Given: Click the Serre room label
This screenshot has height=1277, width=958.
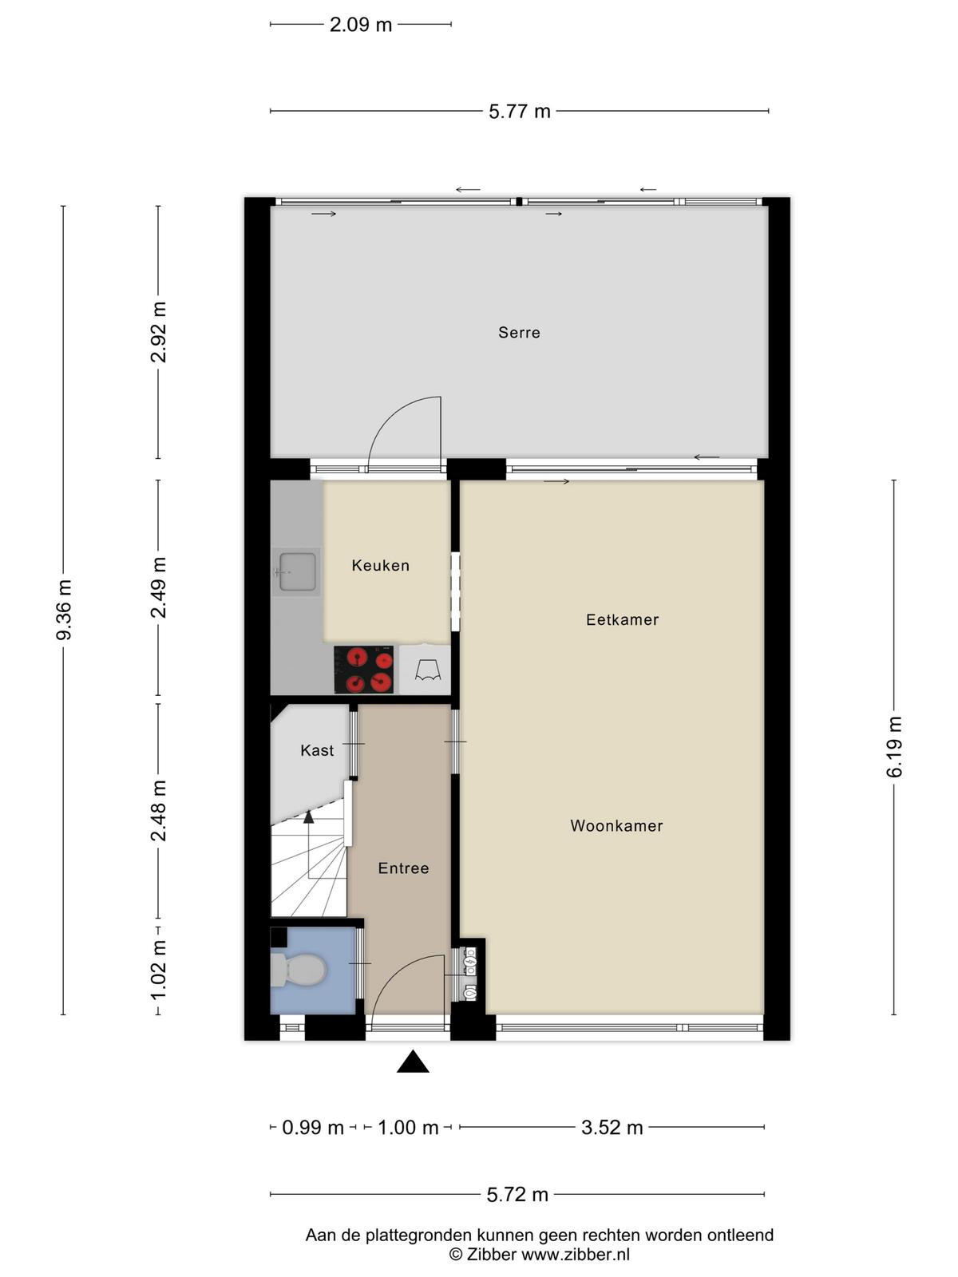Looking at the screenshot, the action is tap(519, 333).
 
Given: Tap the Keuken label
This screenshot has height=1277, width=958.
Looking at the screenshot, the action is tap(381, 566).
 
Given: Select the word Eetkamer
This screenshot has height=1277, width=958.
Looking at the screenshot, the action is tap(623, 619).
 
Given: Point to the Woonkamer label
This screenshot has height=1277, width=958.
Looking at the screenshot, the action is tap(616, 825).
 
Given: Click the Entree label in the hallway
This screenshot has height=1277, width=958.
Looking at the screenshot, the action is tap(404, 868).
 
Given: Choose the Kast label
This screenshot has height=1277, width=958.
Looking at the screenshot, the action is tap(317, 750).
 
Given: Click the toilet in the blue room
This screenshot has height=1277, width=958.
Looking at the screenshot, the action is tap(299, 970).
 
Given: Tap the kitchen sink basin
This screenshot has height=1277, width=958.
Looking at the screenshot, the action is tap(298, 571).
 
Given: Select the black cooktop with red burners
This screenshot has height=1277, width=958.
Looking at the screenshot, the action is tap(363, 670).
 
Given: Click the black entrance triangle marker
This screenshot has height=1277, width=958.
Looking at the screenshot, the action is tap(413, 1062).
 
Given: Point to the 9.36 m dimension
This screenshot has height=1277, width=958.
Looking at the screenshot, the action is tap(64, 610).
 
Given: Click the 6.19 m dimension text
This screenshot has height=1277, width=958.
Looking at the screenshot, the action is tap(894, 747).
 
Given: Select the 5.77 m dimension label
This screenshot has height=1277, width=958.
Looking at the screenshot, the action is tap(520, 111).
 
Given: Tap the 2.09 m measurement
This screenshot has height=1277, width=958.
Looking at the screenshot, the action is tap(361, 25).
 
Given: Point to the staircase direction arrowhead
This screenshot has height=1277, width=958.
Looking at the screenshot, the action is tap(308, 817).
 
